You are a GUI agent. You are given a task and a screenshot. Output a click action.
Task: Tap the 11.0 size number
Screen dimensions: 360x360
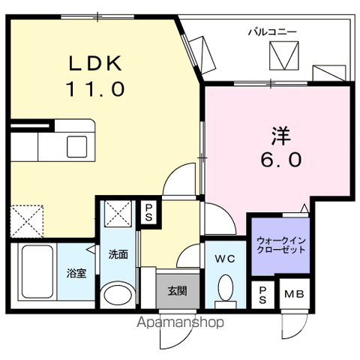93,89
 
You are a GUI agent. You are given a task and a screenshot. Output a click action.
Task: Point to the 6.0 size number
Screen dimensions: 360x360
281,160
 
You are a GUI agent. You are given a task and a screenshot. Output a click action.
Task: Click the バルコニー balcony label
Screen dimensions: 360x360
272,31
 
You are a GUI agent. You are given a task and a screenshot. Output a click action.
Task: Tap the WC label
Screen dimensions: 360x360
224,259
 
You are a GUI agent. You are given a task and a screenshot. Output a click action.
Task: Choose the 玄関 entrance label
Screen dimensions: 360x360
178,291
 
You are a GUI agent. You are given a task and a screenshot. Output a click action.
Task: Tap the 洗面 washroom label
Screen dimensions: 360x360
118,254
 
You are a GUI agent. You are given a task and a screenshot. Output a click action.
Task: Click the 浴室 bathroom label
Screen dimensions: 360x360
76,273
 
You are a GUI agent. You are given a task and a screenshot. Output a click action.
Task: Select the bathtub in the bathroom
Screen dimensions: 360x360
35,273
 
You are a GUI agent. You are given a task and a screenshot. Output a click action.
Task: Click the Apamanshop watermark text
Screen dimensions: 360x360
179,323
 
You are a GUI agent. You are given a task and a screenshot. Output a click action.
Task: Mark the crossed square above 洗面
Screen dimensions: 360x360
118,213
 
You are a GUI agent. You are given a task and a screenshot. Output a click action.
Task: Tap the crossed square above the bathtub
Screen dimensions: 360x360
27,220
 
